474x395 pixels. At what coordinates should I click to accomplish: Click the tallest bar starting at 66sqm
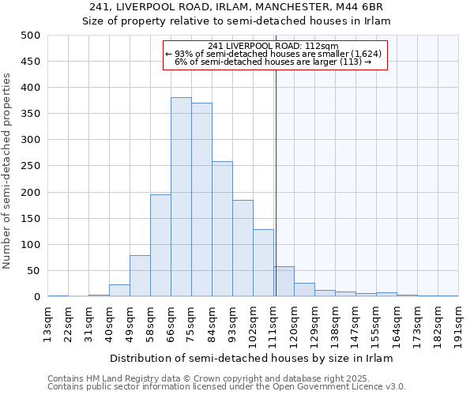(181, 197)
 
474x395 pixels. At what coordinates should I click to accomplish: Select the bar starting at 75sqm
(201, 200)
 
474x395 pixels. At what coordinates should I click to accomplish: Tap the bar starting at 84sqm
(222, 229)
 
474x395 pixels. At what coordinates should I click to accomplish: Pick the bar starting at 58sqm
(160, 246)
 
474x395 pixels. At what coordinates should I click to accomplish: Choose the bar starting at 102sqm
(263, 263)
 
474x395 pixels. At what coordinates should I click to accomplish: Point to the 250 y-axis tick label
(31, 166)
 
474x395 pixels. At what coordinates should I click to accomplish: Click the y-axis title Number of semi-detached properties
(8, 171)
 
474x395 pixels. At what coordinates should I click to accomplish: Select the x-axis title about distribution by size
(251, 358)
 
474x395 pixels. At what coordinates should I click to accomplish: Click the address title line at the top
(237, 6)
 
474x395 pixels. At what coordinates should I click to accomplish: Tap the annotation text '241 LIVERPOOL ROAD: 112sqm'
(275, 46)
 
